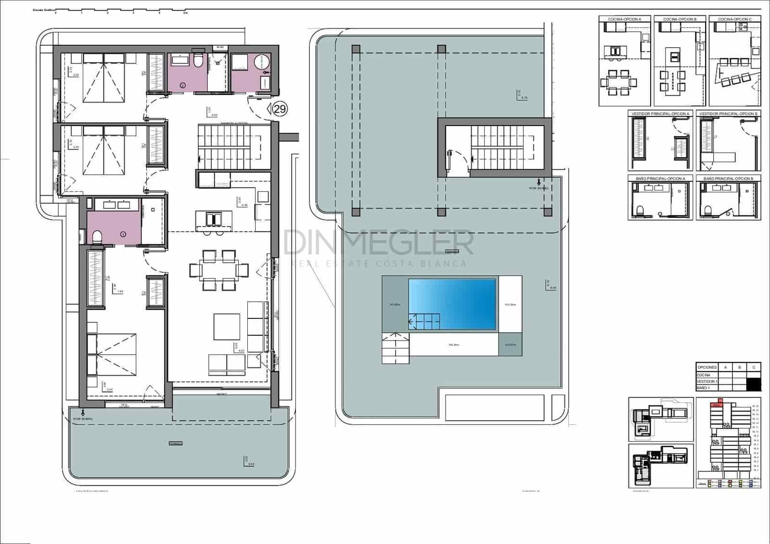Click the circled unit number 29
280,109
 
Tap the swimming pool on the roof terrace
452,304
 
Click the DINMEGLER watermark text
378,243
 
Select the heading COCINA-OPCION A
624,19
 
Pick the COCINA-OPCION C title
734,19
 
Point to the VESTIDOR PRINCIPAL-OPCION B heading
729,114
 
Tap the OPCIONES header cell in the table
706,367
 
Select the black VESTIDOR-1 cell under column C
754,384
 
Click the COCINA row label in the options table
704,375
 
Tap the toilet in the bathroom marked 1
96,236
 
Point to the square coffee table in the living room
227,327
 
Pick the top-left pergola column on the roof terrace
356,49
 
